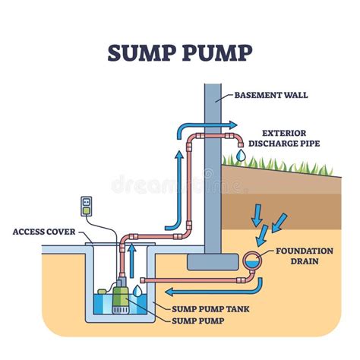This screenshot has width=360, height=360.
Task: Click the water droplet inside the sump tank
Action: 137,289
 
